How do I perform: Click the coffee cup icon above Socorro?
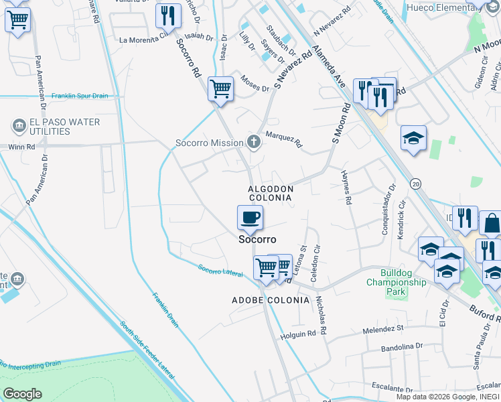[x=250, y=217]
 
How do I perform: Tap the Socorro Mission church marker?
[x=253, y=142]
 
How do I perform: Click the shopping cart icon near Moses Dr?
[x=220, y=88]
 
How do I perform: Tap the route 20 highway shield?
[x=416, y=183]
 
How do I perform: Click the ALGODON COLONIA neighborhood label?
[x=271, y=194]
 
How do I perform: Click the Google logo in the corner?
[x=22, y=393]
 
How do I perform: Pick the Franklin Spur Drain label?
[x=80, y=96]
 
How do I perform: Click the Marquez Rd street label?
[x=284, y=139]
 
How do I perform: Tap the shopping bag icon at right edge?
[x=491, y=223]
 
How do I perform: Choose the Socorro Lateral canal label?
[x=220, y=271]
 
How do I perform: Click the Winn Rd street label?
[x=21, y=146]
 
